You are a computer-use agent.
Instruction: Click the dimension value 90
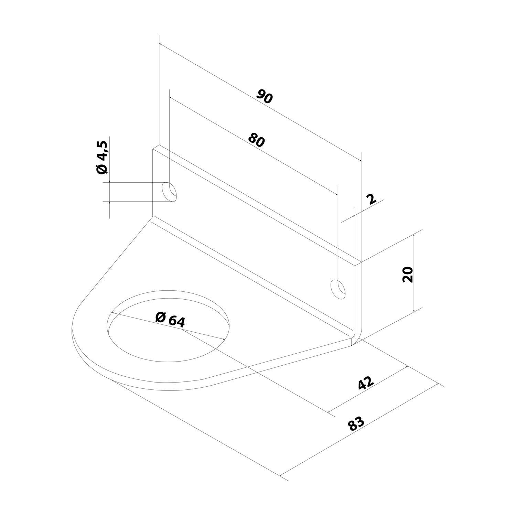point(265,97)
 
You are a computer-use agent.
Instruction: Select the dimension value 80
point(256,140)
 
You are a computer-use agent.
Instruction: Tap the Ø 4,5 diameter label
point(103,157)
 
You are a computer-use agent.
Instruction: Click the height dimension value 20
point(408,274)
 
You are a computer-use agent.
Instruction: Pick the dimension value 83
point(356,424)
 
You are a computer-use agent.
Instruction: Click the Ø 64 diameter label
point(170,319)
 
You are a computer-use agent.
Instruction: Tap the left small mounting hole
point(170,192)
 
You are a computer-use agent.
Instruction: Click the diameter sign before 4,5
point(103,169)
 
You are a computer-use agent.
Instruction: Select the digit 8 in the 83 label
point(352,427)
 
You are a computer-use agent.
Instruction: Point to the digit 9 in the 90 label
point(261,95)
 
